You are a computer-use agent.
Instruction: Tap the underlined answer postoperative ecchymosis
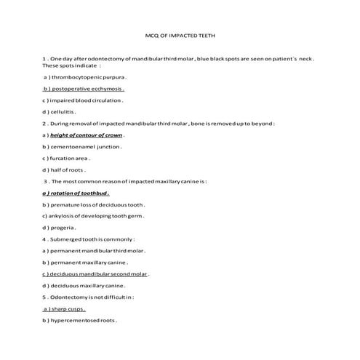tap(89, 88)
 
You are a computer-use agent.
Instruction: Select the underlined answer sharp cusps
tap(70, 308)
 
